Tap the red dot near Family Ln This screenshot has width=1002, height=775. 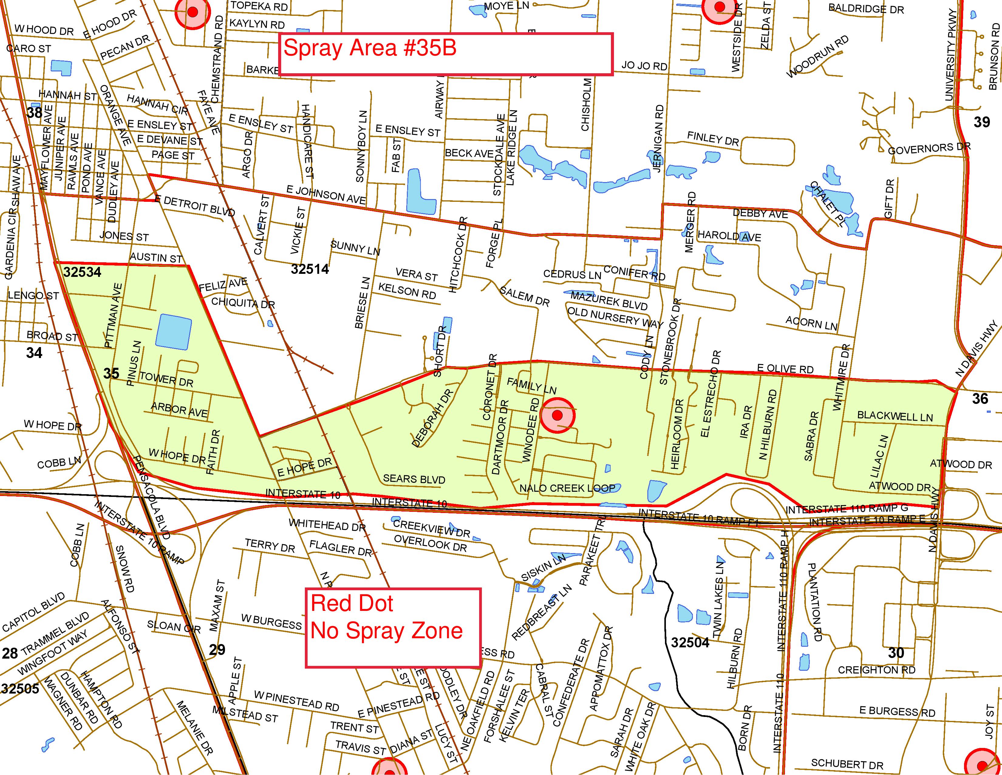(x=557, y=415)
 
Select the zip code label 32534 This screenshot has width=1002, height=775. (x=82, y=272)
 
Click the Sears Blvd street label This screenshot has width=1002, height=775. (x=414, y=479)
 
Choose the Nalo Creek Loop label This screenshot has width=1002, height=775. (x=567, y=488)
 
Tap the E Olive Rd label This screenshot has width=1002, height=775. (x=785, y=369)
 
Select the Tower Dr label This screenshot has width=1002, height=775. (x=166, y=380)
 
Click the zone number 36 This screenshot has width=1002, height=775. (x=980, y=398)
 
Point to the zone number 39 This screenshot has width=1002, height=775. (x=982, y=122)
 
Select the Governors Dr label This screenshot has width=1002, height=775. (x=929, y=149)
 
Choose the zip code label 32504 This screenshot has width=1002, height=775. (x=690, y=642)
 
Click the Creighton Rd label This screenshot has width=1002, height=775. (x=876, y=670)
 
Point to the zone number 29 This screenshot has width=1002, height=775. (x=217, y=650)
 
